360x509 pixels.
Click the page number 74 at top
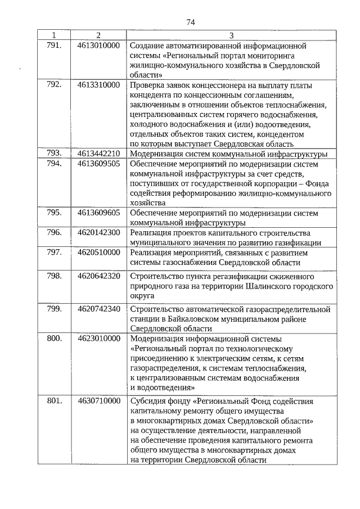click(190, 22)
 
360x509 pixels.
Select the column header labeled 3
click(231, 35)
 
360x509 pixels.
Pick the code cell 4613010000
click(98, 44)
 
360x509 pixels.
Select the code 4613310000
click(98, 85)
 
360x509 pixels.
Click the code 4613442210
click(98, 153)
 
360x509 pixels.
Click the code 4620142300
click(98, 232)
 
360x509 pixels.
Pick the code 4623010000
click(98, 339)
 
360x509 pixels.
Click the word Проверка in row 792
click(147, 85)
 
